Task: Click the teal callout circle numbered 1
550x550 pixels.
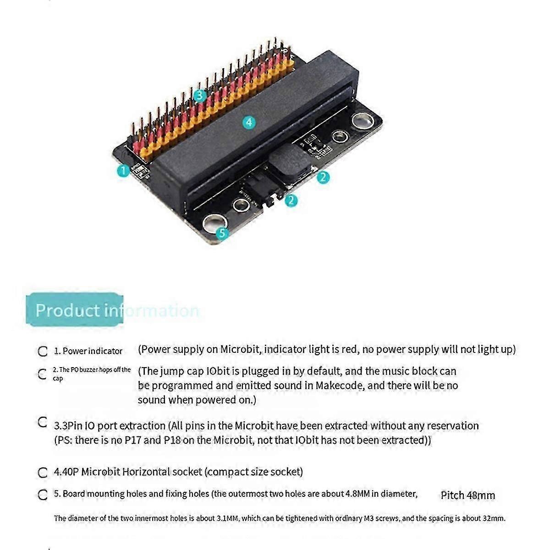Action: point(123,171)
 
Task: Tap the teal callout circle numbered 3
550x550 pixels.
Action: point(199,96)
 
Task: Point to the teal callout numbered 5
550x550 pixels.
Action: point(222,233)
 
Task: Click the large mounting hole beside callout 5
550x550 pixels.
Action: point(211,223)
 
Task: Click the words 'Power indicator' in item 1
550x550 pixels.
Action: point(92,351)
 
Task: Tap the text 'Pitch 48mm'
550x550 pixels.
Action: point(467,495)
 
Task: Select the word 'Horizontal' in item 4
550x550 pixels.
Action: point(145,472)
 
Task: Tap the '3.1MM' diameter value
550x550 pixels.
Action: point(225,518)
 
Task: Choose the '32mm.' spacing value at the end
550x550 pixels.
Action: point(494,518)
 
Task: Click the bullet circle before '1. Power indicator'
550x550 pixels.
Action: point(43,352)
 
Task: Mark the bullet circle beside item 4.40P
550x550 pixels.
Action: point(43,472)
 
